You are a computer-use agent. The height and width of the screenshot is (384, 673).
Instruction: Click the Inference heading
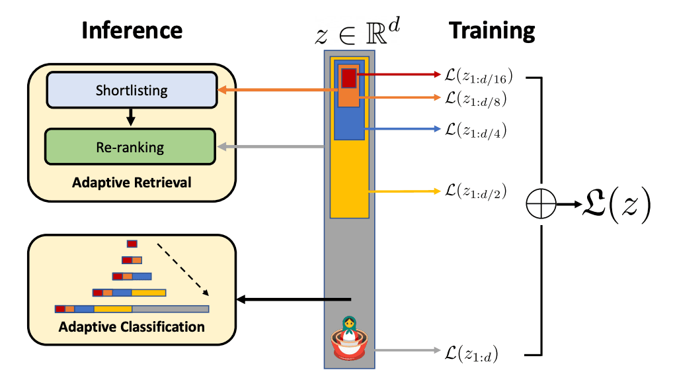132,30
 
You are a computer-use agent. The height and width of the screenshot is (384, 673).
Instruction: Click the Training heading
492,30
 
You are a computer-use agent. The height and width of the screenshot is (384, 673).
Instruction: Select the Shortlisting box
131,89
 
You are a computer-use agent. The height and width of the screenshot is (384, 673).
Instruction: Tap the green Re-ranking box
130,146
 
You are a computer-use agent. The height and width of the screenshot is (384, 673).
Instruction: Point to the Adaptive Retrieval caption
131,181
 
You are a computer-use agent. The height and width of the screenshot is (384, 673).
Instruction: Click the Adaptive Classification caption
132,327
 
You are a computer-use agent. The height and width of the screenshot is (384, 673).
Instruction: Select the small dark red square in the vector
348,78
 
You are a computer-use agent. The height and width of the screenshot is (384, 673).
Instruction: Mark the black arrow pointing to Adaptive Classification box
291,300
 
